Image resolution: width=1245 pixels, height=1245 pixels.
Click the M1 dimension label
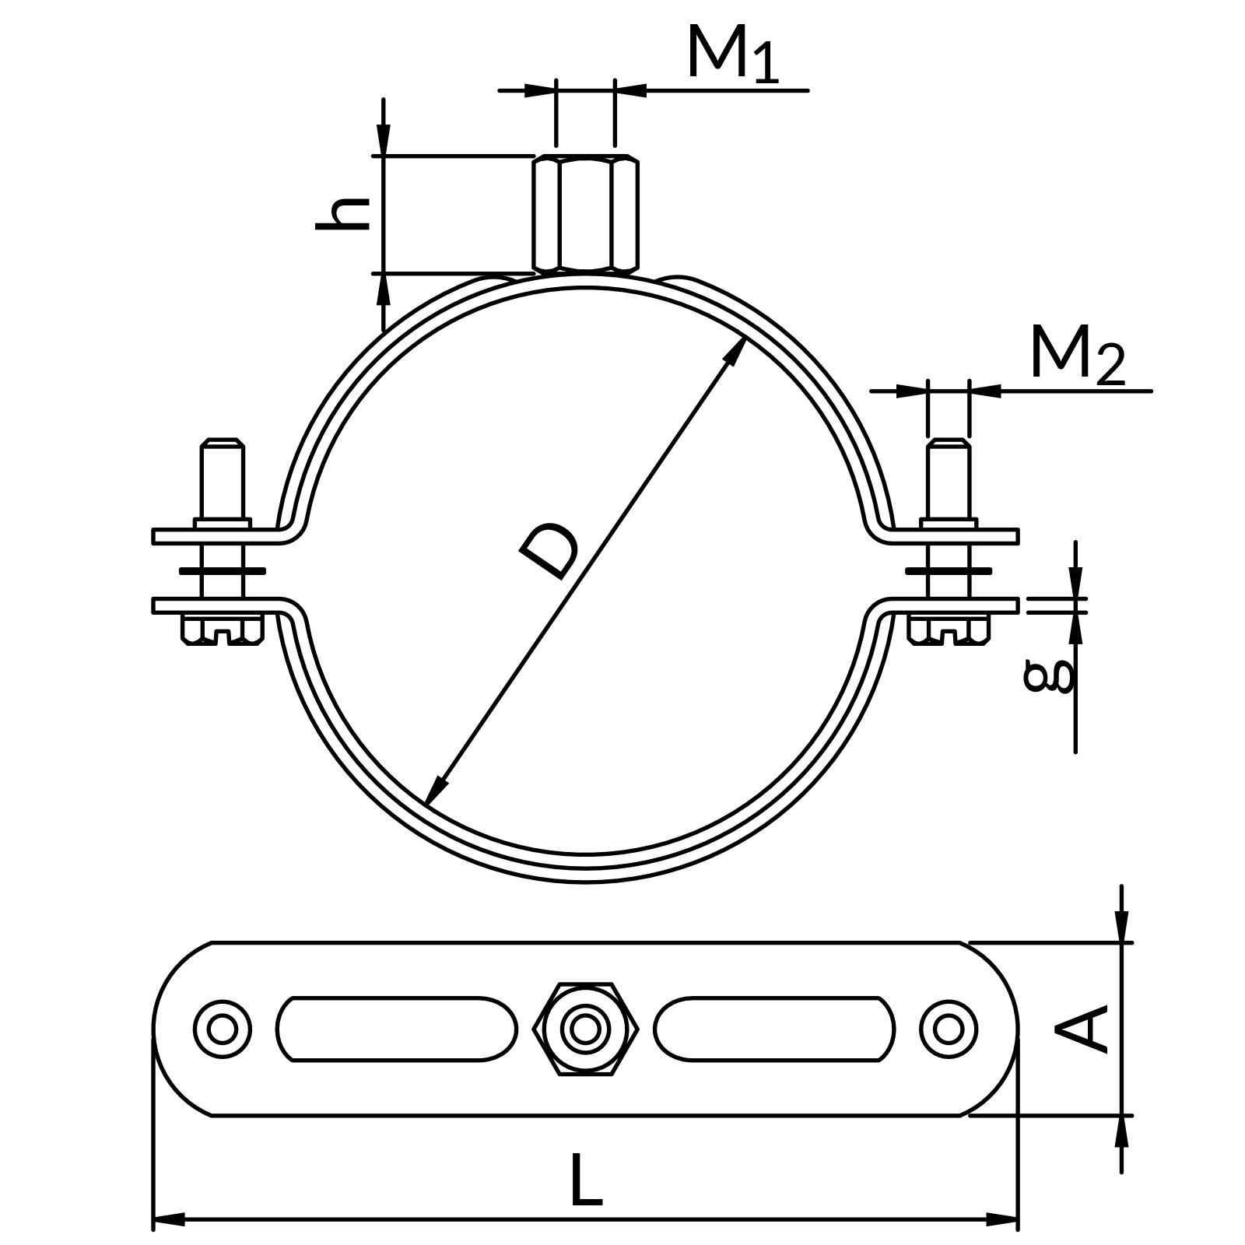(731, 54)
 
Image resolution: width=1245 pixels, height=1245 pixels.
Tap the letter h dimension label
(342, 213)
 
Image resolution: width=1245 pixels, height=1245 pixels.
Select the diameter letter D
(549, 552)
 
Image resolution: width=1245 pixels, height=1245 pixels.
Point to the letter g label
(1049, 675)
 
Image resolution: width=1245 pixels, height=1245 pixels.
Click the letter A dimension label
(1082, 1029)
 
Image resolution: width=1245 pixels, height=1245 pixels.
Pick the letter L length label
(586, 1180)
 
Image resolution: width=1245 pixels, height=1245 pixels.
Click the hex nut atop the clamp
(586, 214)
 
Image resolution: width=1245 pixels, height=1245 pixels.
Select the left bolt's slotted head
(223, 630)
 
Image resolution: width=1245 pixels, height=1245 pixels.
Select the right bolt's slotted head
(949, 630)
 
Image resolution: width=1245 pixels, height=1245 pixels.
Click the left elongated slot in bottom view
(396, 1029)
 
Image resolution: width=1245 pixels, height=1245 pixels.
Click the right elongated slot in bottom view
(774, 1029)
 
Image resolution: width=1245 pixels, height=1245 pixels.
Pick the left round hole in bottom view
(223, 1029)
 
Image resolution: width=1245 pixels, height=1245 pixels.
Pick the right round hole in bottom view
(949, 1029)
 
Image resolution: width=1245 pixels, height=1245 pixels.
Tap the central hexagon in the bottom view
(586, 1029)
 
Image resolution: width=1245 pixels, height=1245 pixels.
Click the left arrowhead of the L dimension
(168, 1219)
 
